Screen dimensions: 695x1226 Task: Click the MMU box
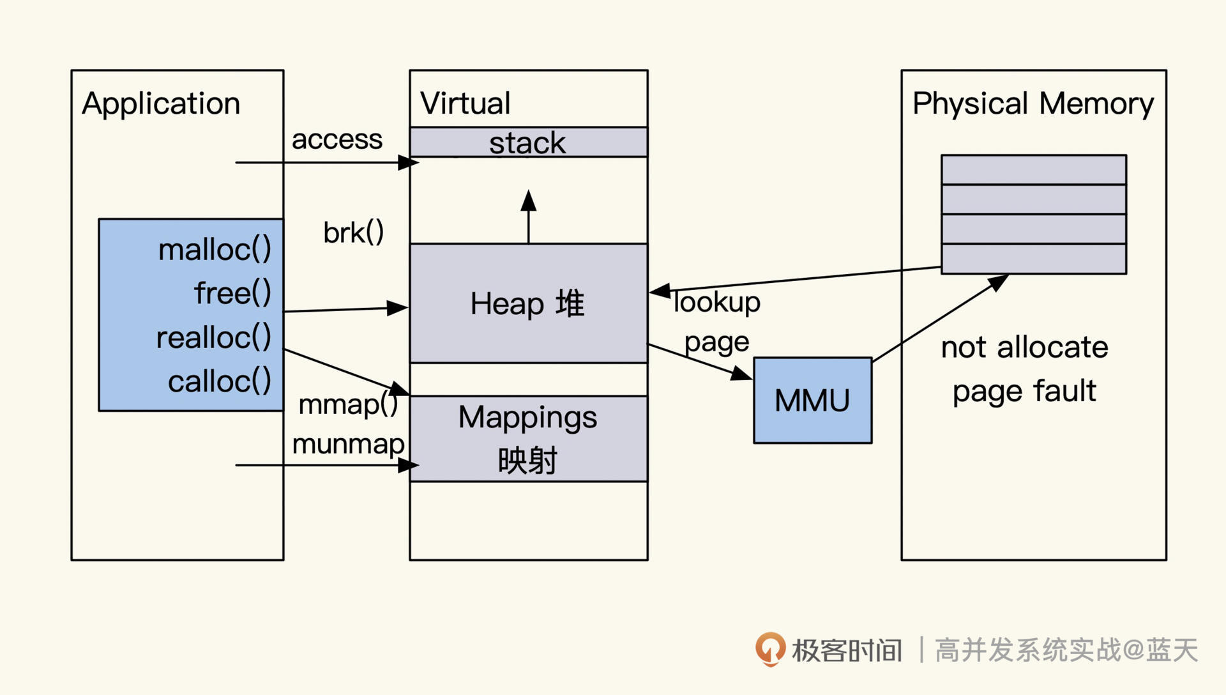pyautogui.click(x=812, y=401)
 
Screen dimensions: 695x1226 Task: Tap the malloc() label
pyautogui.click(x=215, y=249)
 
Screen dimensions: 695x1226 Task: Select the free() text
pyautogui.click(x=232, y=293)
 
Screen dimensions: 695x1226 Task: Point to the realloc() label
pyautogui.click(x=213, y=337)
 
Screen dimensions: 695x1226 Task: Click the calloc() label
pyautogui.click(x=219, y=381)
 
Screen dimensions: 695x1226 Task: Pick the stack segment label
pyautogui.click(x=527, y=142)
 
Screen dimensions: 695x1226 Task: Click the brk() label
pyautogui.click(x=353, y=233)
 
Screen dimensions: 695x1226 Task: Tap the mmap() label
pyautogui.click(x=348, y=404)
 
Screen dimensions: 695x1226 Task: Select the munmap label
pyautogui.click(x=348, y=444)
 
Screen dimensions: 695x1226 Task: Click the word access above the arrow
pyautogui.click(x=337, y=139)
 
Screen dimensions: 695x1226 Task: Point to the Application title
pyautogui.click(x=161, y=103)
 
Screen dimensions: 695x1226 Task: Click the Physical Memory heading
pyautogui.click(x=1033, y=103)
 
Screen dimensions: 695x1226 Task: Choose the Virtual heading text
pyautogui.click(x=465, y=103)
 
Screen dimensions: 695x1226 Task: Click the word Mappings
pyautogui.click(x=527, y=418)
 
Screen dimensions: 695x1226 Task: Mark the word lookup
pyautogui.click(x=717, y=302)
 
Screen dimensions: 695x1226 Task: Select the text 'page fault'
pyautogui.click(x=1024, y=391)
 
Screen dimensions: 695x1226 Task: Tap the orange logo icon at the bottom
pyautogui.click(x=771, y=649)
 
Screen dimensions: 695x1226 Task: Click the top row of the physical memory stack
pyautogui.click(x=1033, y=170)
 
